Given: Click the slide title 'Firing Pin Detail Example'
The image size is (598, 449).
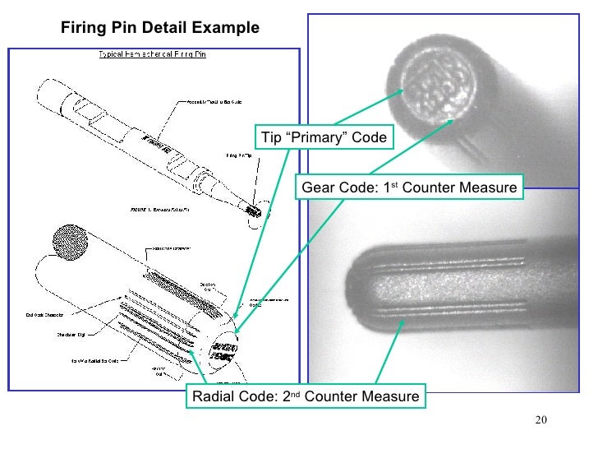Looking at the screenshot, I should point(160,28).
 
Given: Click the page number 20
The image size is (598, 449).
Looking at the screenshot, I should point(540,422).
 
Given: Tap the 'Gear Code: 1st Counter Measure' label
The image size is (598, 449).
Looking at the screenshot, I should point(409,187).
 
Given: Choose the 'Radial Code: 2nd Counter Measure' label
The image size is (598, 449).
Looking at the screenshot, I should point(305,397).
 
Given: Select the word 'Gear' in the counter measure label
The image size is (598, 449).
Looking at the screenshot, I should point(317,187).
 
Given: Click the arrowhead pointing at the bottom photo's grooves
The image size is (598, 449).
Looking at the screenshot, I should point(402,322).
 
